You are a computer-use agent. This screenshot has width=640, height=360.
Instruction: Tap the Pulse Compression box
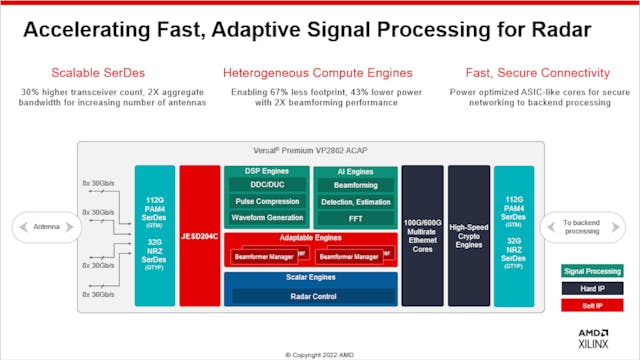(266, 202)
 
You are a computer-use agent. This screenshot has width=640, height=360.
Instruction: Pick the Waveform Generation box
(266, 217)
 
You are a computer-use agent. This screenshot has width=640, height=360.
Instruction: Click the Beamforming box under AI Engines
(355, 187)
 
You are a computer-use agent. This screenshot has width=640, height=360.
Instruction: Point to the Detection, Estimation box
(355, 202)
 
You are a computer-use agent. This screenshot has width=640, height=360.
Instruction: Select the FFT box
(355, 217)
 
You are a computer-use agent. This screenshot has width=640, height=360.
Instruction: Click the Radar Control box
(310, 296)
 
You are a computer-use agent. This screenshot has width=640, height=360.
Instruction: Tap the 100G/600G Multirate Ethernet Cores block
(422, 236)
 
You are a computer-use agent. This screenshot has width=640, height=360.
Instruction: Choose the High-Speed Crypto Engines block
(468, 236)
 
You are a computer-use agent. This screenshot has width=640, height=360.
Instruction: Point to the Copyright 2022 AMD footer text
(318, 353)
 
